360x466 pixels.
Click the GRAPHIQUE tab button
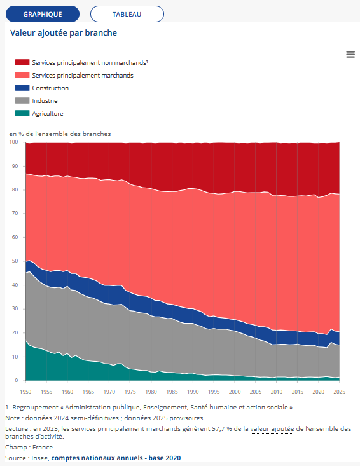pyautogui.click(x=43, y=14)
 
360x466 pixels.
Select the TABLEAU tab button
pyautogui.click(x=127, y=14)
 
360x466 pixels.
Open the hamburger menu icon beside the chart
pyautogui.click(x=350, y=55)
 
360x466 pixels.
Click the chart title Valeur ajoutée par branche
pyautogui.click(x=64, y=32)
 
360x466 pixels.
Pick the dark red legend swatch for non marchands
pyautogui.click(x=22, y=62)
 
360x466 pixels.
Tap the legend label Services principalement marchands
pyautogui.click(x=83, y=76)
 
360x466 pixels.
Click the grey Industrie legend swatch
pyautogui.click(x=22, y=100)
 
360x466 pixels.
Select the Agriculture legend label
pyautogui.click(x=48, y=114)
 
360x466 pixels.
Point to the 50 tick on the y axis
pyautogui.click(x=14, y=261)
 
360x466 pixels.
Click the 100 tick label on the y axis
pyautogui.click(x=13, y=142)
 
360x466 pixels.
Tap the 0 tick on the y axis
pyautogui.click(x=17, y=380)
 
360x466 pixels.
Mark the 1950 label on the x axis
pyautogui.click(x=25, y=392)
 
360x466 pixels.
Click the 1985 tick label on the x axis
pyautogui.click(x=172, y=392)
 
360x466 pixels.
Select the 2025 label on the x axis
pyautogui.click(x=339, y=392)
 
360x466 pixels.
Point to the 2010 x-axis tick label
pyautogui.click(x=277, y=392)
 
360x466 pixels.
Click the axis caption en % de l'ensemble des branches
pyautogui.click(x=60, y=134)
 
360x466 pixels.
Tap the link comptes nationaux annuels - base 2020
pyautogui.click(x=116, y=458)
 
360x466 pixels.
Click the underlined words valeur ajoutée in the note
pyautogui.click(x=272, y=429)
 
